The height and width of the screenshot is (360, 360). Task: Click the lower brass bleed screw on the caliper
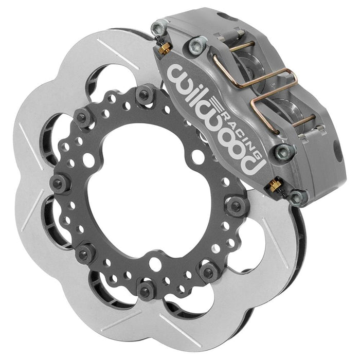tap(275, 185)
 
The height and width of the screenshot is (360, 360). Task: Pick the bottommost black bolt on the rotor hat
tap(146, 290)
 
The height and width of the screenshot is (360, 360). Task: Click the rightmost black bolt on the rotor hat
tap(237, 206)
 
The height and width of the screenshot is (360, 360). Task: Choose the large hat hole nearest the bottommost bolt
tap(154, 265)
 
